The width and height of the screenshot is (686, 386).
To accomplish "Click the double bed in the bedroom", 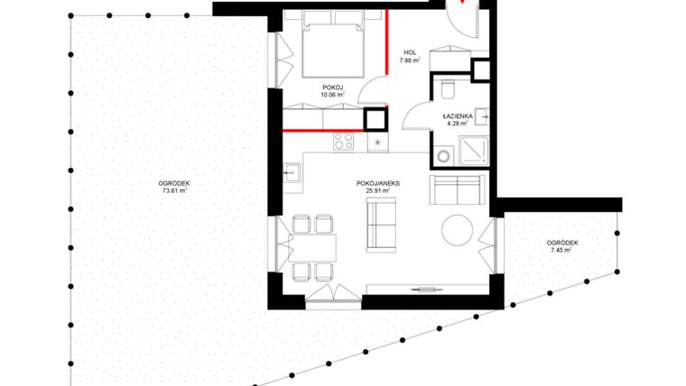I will (x=332, y=50).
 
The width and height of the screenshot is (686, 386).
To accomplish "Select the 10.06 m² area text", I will (x=333, y=93).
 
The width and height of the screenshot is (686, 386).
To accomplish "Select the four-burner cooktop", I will (x=344, y=141).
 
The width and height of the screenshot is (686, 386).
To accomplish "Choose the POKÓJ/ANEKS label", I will (x=377, y=183).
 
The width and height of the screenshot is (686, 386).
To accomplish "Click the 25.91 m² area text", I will (x=377, y=191).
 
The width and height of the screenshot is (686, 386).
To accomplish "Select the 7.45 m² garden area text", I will (x=561, y=251).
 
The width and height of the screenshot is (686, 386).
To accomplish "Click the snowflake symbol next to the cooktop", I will (x=377, y=142).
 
